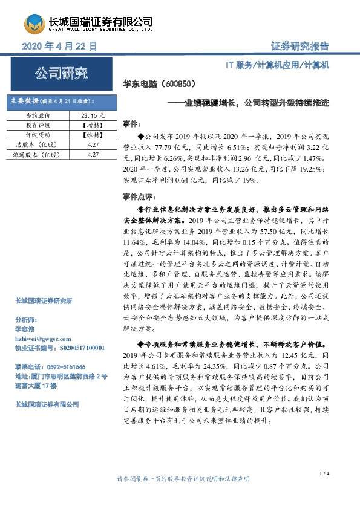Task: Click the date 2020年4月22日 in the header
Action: pyautogui.click(x=60, y=47)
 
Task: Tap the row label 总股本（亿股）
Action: pyautogui.click(x=36, y=145)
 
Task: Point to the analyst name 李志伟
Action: pyautogui.click(x=25, y=329)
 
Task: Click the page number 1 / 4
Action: pyautogui.click(x=324, y=489)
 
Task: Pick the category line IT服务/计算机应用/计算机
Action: pyautogui.click(x=278, y=65)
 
